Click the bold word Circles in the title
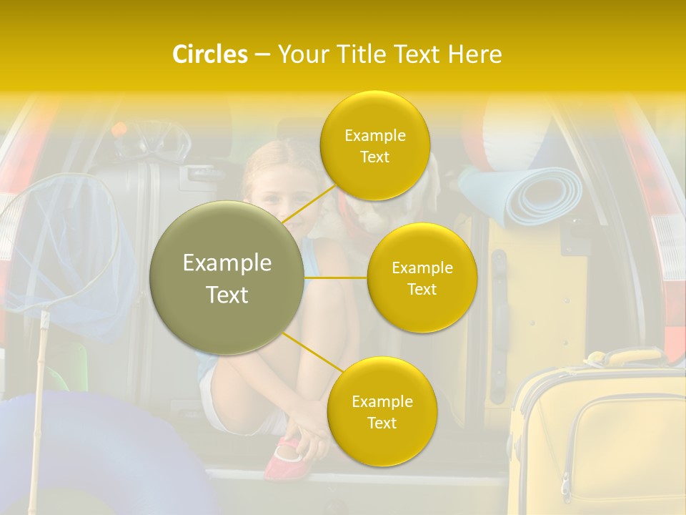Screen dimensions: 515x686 point(209,54)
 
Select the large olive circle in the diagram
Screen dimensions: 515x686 point(227,278)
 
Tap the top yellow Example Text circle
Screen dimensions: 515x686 point(374,145)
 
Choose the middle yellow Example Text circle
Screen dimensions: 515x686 point(422,278)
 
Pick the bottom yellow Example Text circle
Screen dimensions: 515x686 point(382,411)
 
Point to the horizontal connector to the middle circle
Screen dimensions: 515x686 point(336,278)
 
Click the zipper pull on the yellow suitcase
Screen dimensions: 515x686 point(565,486)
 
